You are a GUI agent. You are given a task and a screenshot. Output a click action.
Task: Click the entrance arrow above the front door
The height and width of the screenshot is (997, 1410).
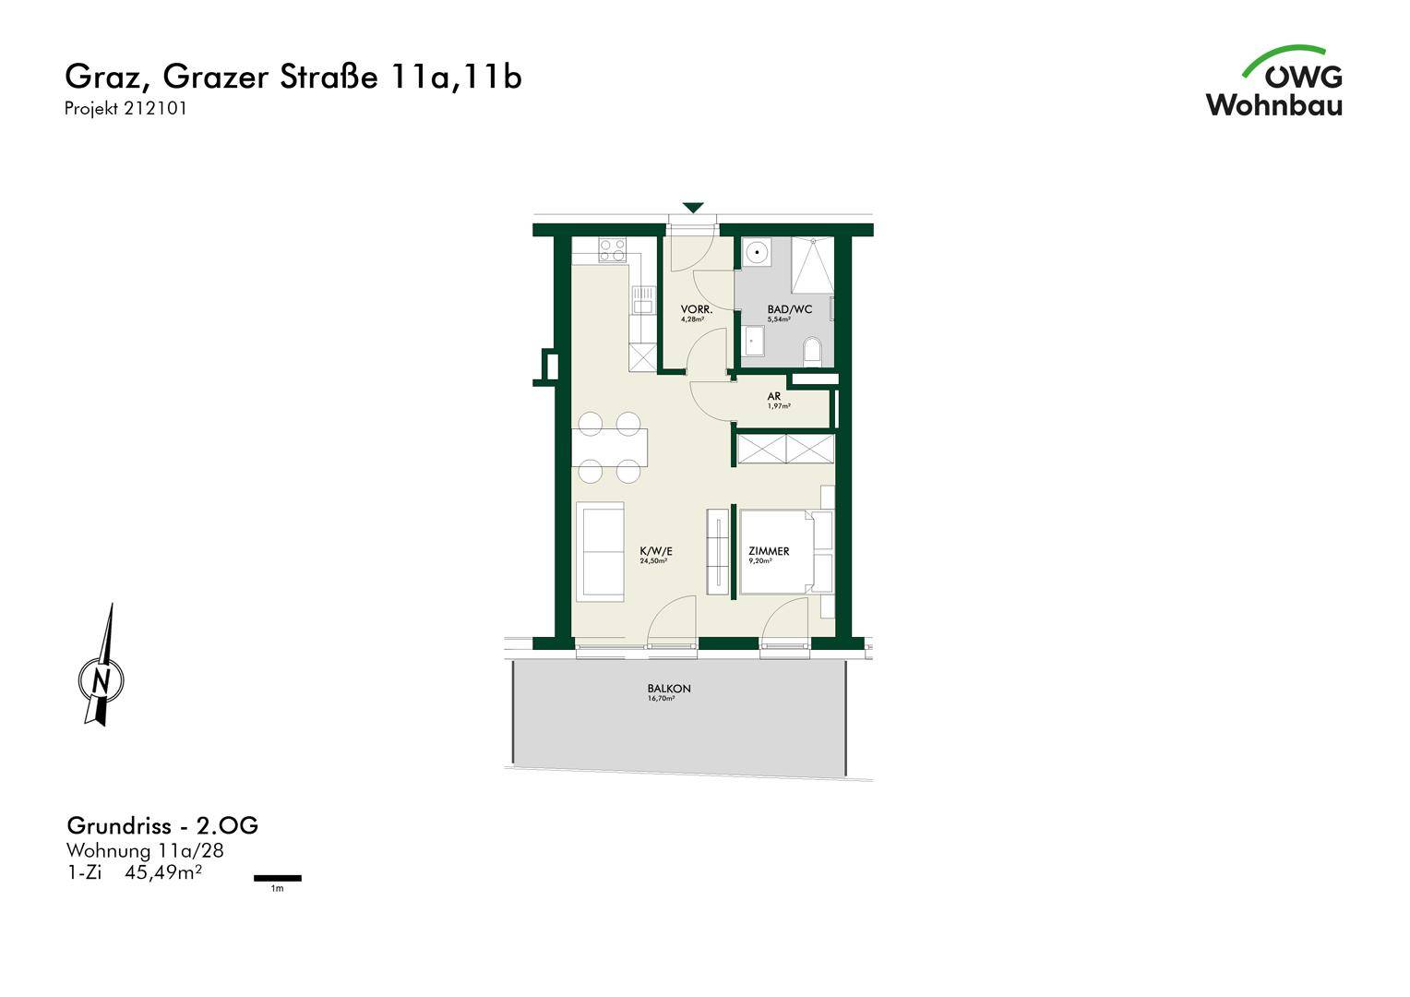[693, 207]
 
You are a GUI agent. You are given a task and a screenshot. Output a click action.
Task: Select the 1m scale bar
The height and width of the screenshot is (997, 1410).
[278, 878]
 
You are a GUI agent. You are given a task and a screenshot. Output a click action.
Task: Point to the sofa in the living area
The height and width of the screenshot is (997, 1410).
[601, 551]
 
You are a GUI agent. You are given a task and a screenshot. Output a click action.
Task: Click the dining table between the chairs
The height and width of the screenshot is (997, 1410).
[609, 448]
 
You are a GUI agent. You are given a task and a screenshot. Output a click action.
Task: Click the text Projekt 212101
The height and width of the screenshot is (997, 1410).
[125, 108]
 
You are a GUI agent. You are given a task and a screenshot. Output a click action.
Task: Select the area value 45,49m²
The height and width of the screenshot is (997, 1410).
[163, 873]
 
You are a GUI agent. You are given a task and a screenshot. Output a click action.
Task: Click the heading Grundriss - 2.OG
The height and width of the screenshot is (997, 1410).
[162, 825]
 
